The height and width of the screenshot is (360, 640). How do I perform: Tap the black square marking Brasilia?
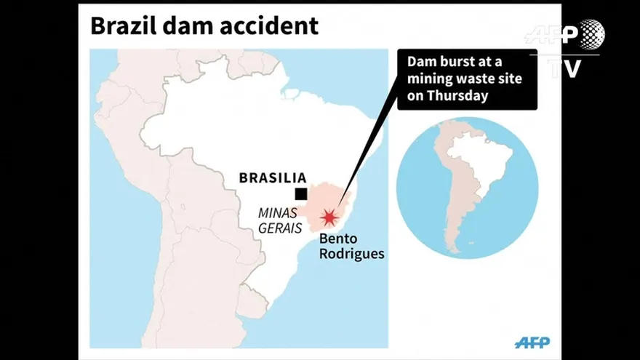(x=300, y=193)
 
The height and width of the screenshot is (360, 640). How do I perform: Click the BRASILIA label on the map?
(x=273, y=177)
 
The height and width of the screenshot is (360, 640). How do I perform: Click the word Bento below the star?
(x=337, y=239)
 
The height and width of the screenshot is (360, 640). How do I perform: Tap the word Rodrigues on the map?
(x=352, y=254)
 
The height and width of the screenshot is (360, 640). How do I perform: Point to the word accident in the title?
(x=270, y=26)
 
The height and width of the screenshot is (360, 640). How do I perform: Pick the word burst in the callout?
(x=458, y=62)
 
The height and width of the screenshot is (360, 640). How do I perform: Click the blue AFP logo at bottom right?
(x=532, y=342)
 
